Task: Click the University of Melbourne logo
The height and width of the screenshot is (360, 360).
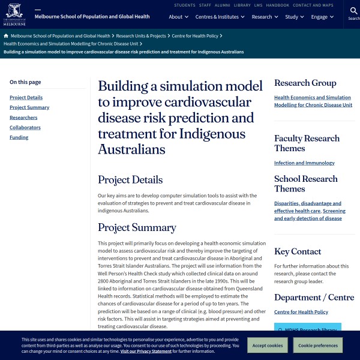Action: pyautogui.click(x=14, y=14)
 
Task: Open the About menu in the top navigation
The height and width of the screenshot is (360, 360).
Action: pyautogui.click(x=178, y=17)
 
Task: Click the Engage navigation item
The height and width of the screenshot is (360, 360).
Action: pyautogui.click(x=322, y=17)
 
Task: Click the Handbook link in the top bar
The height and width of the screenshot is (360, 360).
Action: pyautogui.click(x=278, y=5)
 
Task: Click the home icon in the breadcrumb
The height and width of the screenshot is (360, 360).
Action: pyautogui.click(x=6, y=36)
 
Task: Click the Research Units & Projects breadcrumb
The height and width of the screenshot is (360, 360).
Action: pyautogui.click(x=141, y=36)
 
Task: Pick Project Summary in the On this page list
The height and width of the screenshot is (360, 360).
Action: pyautogui.click(x=29, y=107)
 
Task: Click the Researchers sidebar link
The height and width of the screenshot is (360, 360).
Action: pyautogui.click(x=23, y=118)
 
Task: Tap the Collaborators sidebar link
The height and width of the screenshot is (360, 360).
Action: pyautogui.click(x=25, y=127)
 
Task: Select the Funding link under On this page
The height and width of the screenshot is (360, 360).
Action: pyautogui.click(x=19, y=137)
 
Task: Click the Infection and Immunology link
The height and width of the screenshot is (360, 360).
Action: pyautogui.click(x=304, y=163)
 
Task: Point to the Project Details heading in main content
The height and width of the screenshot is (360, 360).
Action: pyautogui.click(x=130, y=179)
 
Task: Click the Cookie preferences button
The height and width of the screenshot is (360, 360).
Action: pyautogui.click(x=317, y=346)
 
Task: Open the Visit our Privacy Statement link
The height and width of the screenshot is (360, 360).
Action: pyautogui.click(x=146, y=351)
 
